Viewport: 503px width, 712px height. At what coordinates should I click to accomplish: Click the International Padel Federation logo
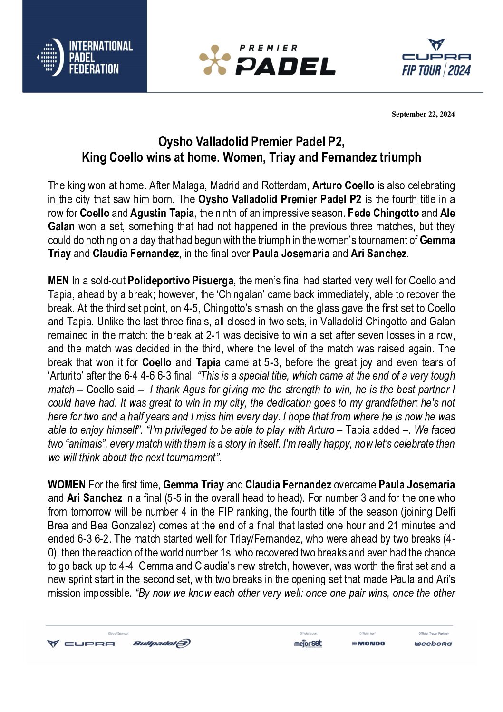pyautogui.click(x=85, y=58)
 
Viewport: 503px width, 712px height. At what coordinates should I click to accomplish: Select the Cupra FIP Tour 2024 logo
pyautogui.click(x=436, y=58)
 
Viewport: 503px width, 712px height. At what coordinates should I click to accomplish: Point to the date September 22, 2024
pyautogui.click(x=423, y=114)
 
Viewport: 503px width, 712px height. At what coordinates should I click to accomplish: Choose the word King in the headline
pyautogui.click(x=93, y=157)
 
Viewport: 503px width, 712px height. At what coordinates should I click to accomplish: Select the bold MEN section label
pyautogui.click(x=58, y=281)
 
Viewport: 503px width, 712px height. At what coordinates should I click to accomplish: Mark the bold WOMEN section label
pyautogui.click(x=67, y=485)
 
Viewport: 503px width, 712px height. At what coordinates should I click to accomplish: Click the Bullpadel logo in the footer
pyautogui.click(x=161, y=644)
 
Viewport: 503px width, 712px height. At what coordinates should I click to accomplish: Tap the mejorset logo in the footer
pyautogui.click(x=308, y=644)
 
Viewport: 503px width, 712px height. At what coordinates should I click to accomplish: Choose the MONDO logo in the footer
pyautogui.click(x=368, y=644)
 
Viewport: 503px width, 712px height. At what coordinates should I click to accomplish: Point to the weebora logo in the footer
pyautogui.click(x=433, y=644)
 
